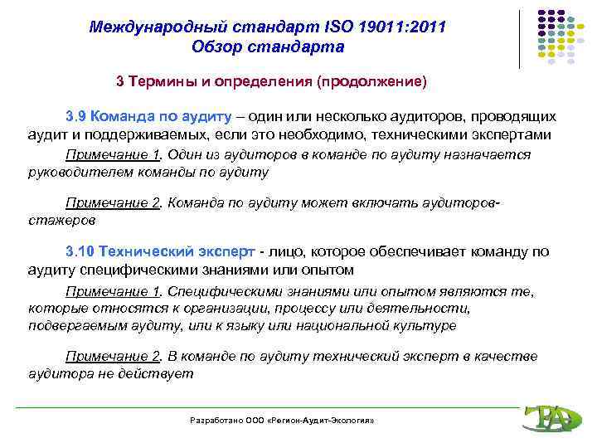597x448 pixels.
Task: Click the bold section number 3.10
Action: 80,251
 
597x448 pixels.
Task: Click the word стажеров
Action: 61,221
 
